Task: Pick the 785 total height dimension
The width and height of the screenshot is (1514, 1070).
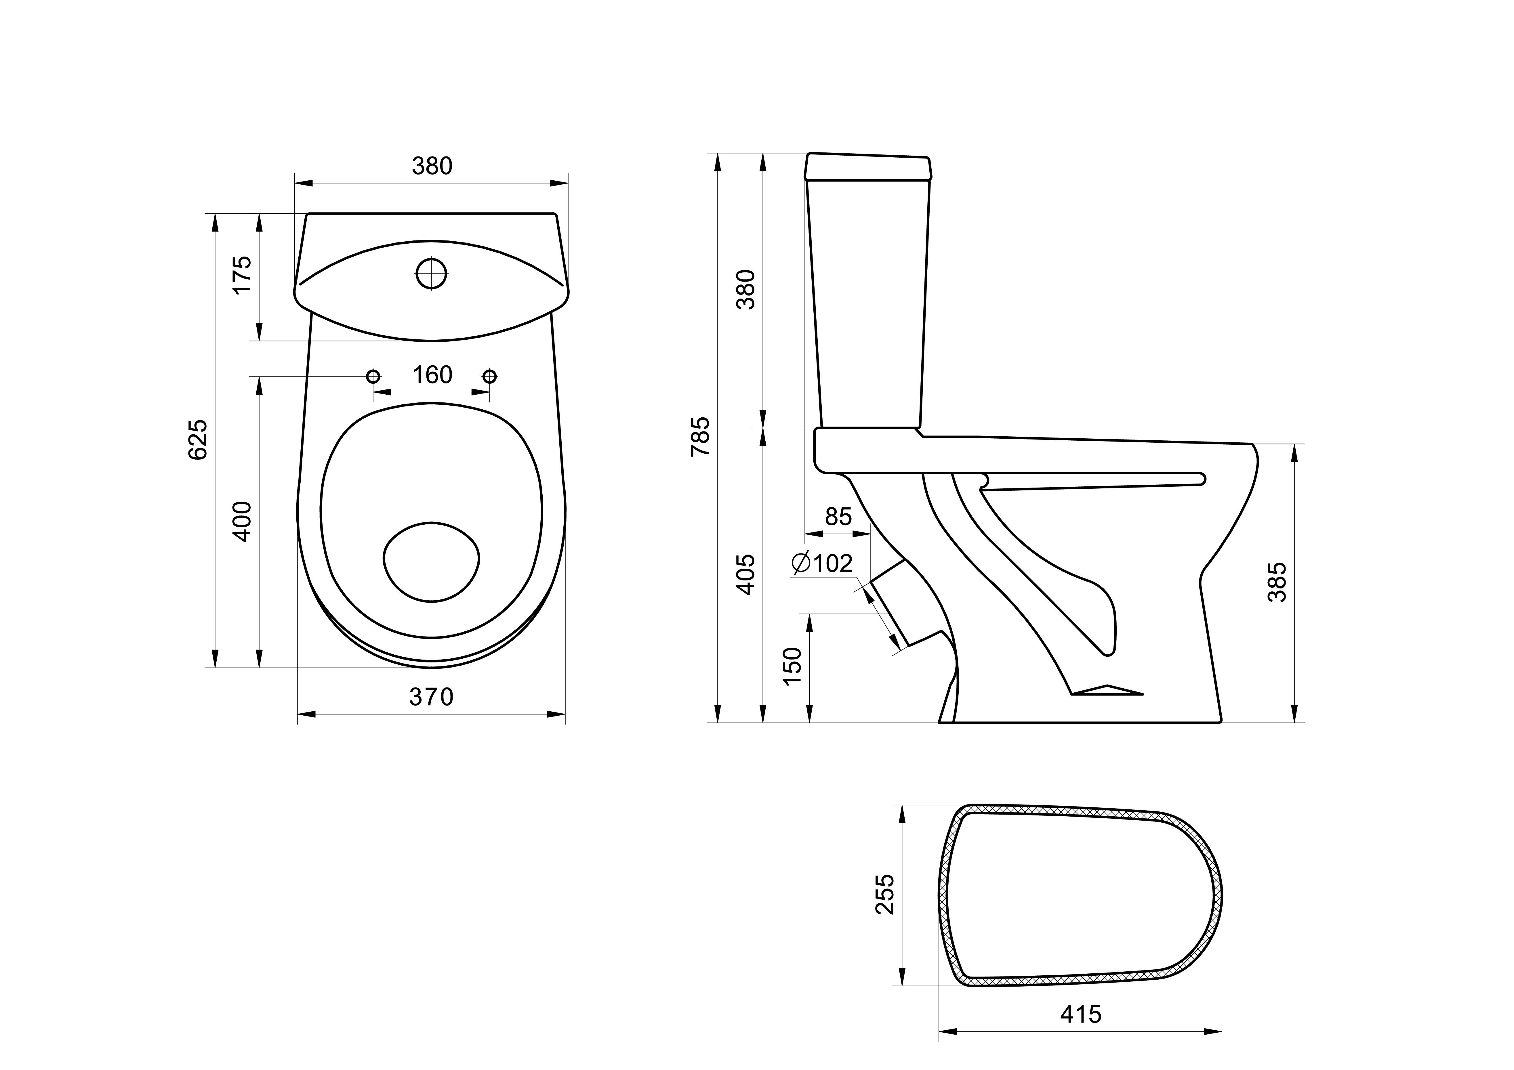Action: point(700,436)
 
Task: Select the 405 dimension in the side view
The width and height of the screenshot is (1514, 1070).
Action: point(746,574)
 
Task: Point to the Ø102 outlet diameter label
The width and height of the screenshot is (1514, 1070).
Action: point(823,563)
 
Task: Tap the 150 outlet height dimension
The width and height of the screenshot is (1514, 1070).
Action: point(792,666)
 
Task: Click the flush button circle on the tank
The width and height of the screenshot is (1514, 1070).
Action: point(431,273)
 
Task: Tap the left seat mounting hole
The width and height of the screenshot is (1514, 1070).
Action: point(373,377)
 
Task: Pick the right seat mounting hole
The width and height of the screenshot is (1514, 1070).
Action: point(489,377)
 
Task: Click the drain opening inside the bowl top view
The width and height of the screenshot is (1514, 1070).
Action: point(431,562)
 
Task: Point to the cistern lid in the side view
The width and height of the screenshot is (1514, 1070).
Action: point(868,167)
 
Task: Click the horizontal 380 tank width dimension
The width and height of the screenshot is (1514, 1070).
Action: point(432,166)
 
